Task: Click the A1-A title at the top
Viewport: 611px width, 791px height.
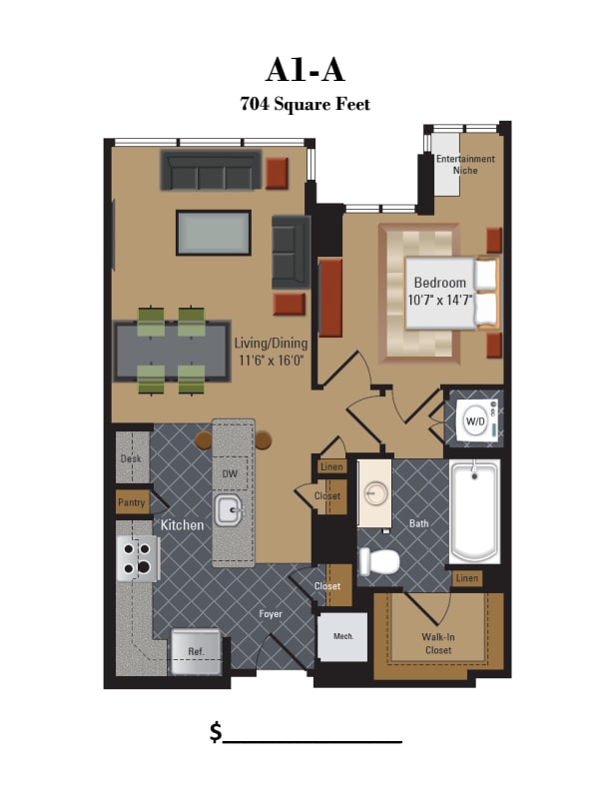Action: click(305, 70)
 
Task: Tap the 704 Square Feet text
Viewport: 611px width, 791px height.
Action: click(305, 103)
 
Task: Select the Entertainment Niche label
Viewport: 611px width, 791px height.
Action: click(465, 165)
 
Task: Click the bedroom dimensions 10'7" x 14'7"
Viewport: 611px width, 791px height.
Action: click(439, 299)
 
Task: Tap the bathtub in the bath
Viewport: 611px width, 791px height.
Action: click(474, 512)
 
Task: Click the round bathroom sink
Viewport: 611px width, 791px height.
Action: click(376, 494)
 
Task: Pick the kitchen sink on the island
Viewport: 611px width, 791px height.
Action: click(230, 509)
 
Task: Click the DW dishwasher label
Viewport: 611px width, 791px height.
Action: click(229, 473)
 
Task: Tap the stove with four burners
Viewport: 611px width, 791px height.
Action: click(139, 557)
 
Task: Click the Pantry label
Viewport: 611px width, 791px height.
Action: click(132, 502)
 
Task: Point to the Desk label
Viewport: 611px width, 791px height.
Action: click(131, 459)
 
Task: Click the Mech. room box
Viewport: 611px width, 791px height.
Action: click(342, 636)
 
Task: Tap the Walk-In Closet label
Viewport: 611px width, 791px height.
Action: click(437, 642)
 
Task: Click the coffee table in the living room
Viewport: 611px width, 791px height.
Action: click(214, 234)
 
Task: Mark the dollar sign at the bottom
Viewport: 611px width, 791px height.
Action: click(216, 732)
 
